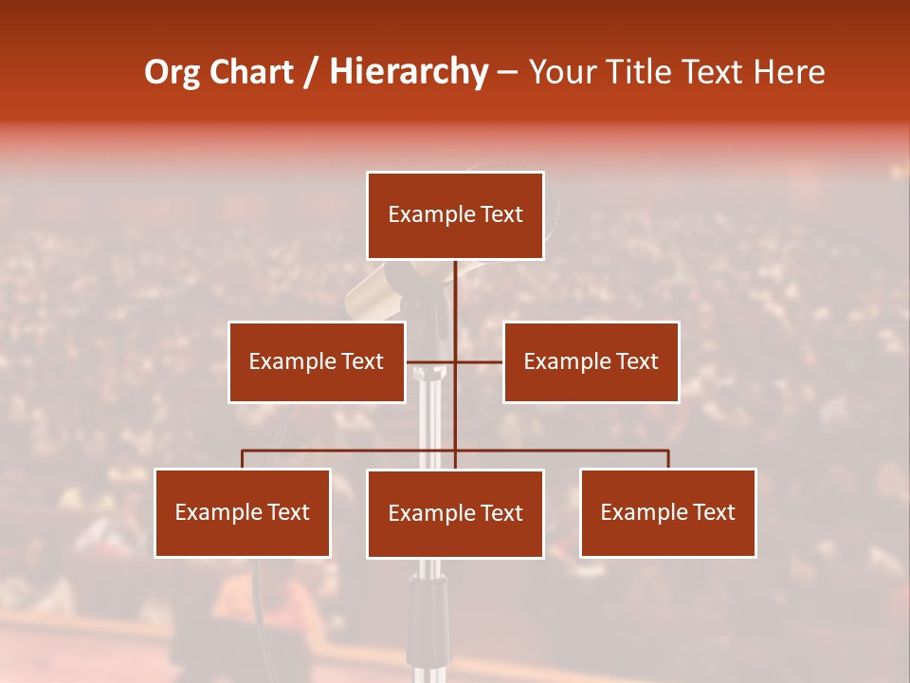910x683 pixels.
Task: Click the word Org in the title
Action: point(173,72)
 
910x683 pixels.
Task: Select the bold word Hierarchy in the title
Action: point(409,72)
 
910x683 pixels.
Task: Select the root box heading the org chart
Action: point(455,215)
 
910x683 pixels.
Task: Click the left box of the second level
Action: point(317,361)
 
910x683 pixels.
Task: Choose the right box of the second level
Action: point(591,361)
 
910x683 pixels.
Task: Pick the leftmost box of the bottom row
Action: point(243,512)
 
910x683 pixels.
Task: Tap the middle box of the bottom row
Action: point(455,513)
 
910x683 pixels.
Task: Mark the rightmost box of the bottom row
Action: point(668,512)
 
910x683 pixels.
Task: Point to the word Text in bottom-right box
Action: point(714,512)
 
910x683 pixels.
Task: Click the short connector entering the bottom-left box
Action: point(243,459)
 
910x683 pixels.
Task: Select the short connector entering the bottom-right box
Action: point(668,459)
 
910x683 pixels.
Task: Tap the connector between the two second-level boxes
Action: point(454,362)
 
